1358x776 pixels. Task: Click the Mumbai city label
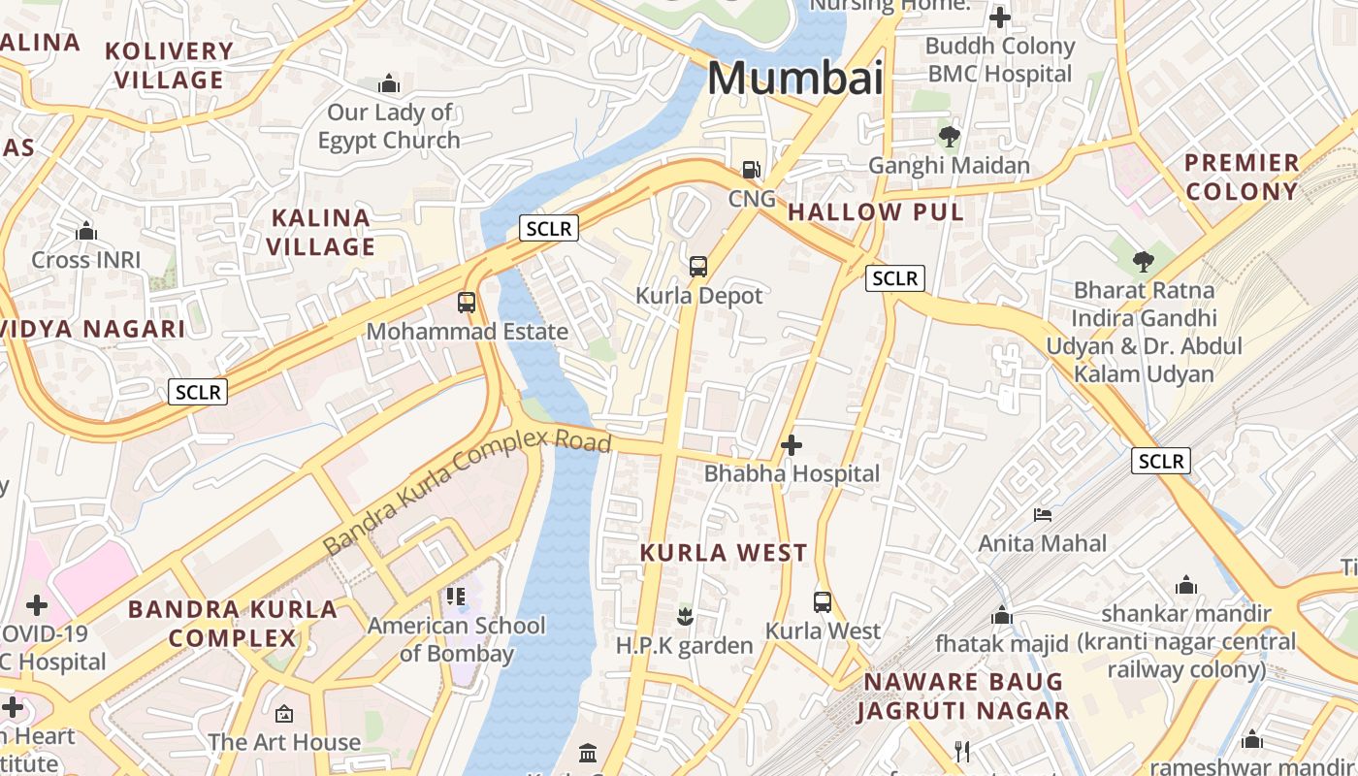click(x=795, y=78)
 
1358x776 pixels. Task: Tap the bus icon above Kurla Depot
click(x=697, y=267)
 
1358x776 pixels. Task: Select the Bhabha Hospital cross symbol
click(x=792, y=445)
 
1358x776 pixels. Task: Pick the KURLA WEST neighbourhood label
click(x=724, y=553)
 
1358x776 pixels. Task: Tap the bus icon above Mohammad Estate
click(x=467, y=303)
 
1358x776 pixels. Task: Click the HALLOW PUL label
click(x=876, y=212)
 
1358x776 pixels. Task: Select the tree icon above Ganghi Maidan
click(x=949, y=137)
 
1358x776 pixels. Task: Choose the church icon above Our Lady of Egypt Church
click(x=389, y=83)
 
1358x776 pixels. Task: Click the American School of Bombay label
click(x=456, y=639)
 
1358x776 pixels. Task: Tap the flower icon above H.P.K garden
click(x=685, y=615)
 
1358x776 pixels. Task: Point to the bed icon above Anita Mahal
click(x=1043, y=514)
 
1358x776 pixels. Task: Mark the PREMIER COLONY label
click(x=1242, y=177)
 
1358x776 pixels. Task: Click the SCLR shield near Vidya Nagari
click(x=198, y=392)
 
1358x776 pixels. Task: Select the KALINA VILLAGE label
click(x=321, y=232)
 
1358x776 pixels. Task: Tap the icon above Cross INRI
click(x=86, y=232)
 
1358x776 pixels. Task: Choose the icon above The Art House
click(x=284, y=714)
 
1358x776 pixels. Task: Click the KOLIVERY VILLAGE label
click(x=170, y=65)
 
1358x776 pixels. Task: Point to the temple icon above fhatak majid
click(x=1002, y=615)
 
